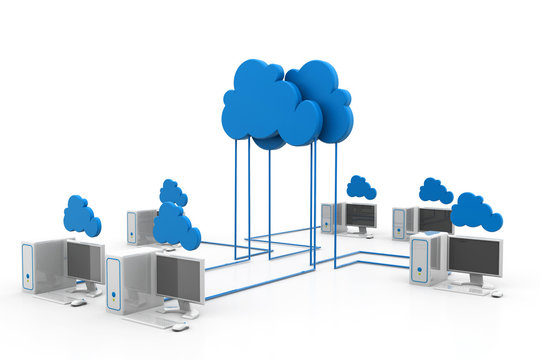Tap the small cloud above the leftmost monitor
point(81,217)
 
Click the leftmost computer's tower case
point(41,265)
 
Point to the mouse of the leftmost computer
point(78,301)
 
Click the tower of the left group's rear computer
point(140,227)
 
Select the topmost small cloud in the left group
point(173,193)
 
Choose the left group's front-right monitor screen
point(180,278)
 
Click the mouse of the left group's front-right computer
point(180,326)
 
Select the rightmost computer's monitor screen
point(474,257)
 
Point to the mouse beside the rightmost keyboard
point(496,294)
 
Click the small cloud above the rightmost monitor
point(475,212)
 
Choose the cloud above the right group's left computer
point(360,187)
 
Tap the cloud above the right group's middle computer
point(435,190)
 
